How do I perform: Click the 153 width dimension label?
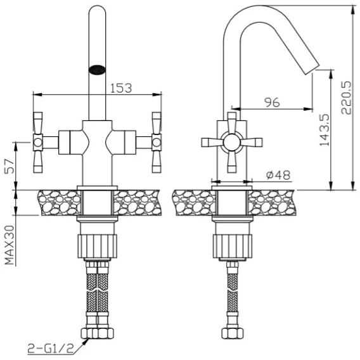click(x=121, y=87)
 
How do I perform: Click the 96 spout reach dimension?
click(x=273, y=103)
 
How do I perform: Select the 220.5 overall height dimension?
click(x=346, y=98)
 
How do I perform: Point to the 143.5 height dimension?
click(x=325, y=130)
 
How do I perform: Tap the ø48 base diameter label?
click(x=278, y=175)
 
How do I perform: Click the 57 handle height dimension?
click(x=10, y=166)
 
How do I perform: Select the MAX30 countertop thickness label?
click(x=10, y=245)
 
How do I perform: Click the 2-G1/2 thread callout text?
click(x=51, y=349)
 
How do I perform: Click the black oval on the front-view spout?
click(x=97, y=69)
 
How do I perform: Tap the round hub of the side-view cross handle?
click(x=232, y=143)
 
